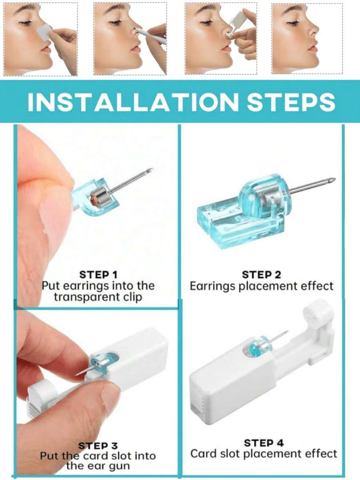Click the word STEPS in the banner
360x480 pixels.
coord(291,102)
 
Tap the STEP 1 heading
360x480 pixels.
coord(98,275)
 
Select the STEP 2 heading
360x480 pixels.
coord(261,275)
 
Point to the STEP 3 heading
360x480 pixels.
coord(98,446)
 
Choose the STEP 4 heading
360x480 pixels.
coord(264,443)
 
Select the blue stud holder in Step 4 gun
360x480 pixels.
coord(256,347)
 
